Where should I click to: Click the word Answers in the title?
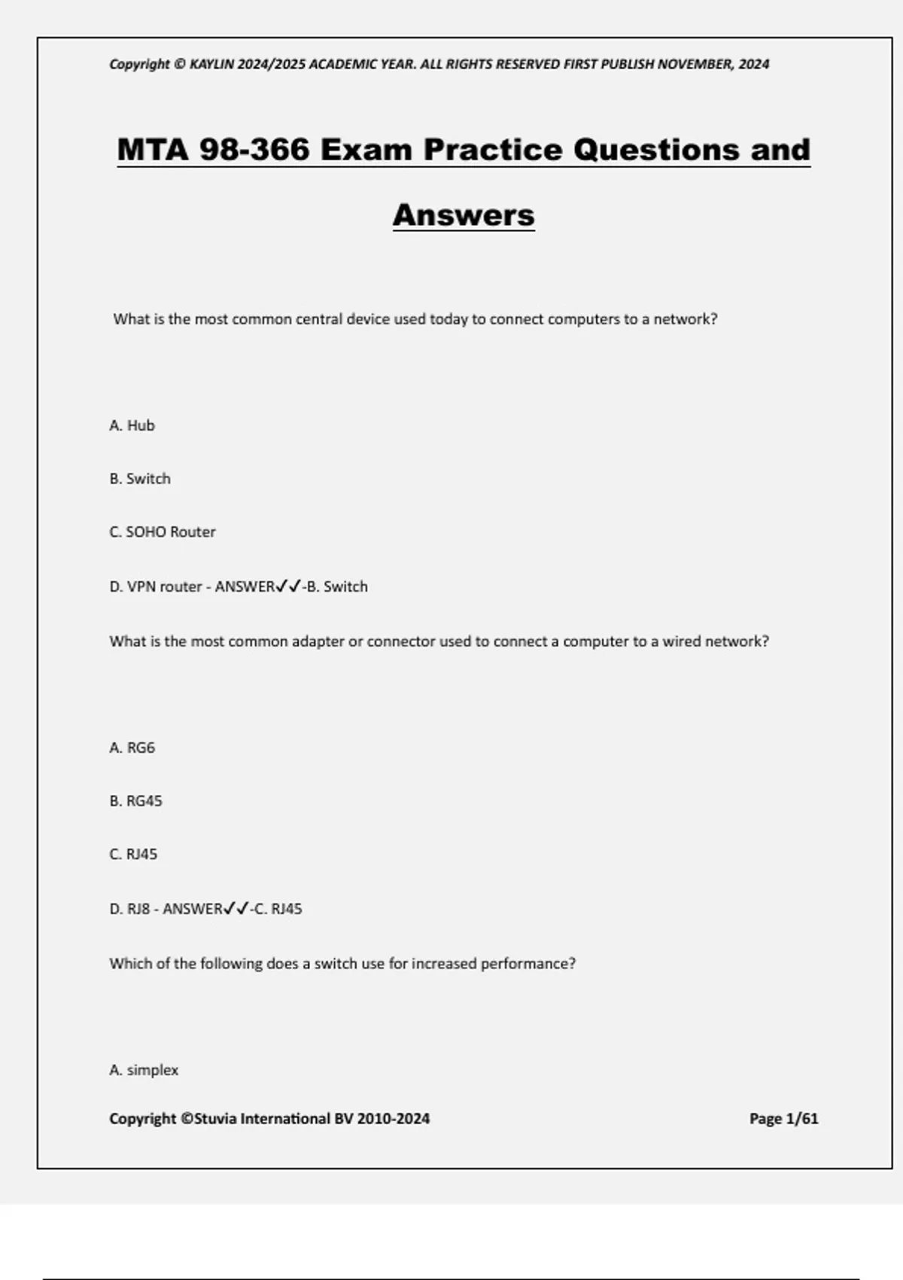[464, 215]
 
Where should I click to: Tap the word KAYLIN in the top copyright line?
[211, 64]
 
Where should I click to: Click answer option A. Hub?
[132, 425]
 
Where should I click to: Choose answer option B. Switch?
[140, 479]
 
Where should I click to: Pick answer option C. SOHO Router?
[163, 532]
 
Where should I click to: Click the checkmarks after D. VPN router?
[288, 587]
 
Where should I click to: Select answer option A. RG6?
[132, 748]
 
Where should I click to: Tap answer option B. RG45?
[135, 801]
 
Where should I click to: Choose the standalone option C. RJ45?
[133, 855]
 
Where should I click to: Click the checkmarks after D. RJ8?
[236, 909]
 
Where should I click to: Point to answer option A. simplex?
[144, 1070]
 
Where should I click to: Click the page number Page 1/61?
[783, 1119]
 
